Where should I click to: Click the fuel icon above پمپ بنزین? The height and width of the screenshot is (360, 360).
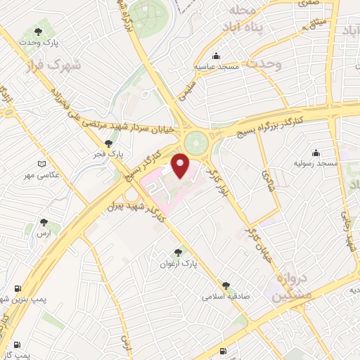coord(17,288)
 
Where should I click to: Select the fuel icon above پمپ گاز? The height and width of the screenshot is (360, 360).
coord(13,345)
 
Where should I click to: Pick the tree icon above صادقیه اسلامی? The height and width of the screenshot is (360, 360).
coord(226,285)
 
